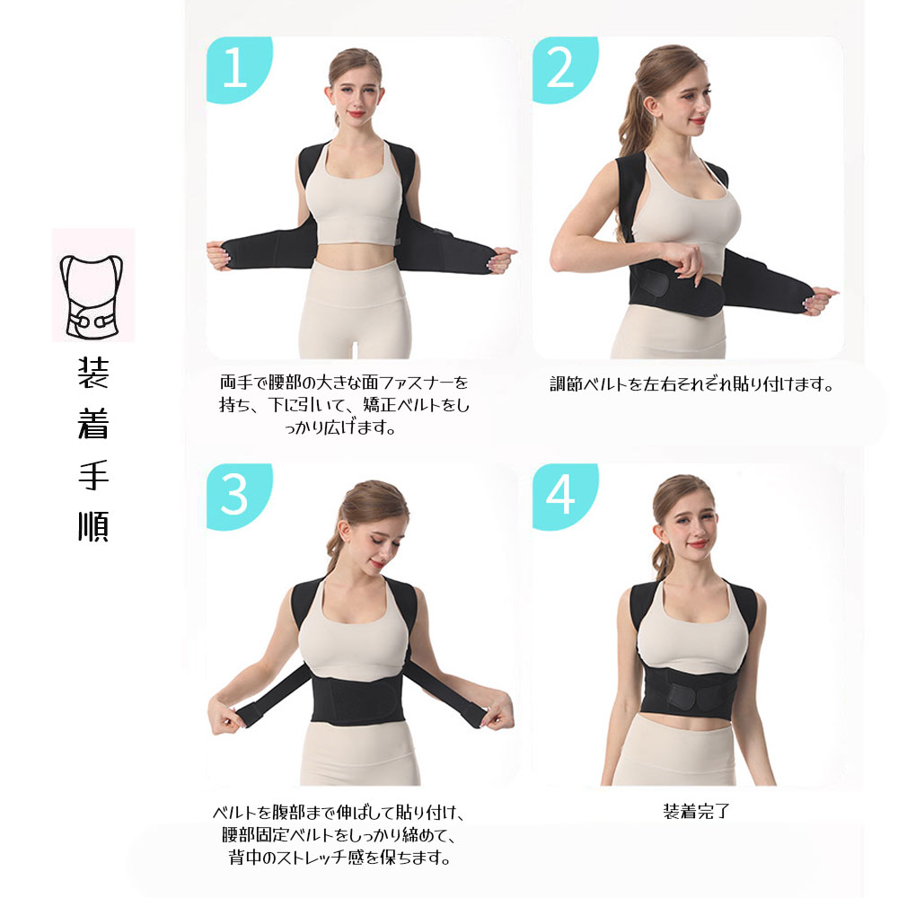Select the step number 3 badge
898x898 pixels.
coord(238,495)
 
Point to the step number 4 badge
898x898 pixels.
coord(564,495)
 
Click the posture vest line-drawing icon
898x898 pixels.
coord(92,296)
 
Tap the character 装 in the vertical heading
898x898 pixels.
coord(92,373)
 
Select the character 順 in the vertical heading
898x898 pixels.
coord(92,525)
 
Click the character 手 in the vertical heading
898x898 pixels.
coord(92,475)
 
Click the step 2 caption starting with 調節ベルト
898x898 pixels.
coord(691,383)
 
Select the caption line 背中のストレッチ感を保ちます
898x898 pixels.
coord(339,858)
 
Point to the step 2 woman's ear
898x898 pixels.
coord(651,107)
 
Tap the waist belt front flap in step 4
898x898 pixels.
coord(695,695)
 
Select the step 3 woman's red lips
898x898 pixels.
coord(377,564)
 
